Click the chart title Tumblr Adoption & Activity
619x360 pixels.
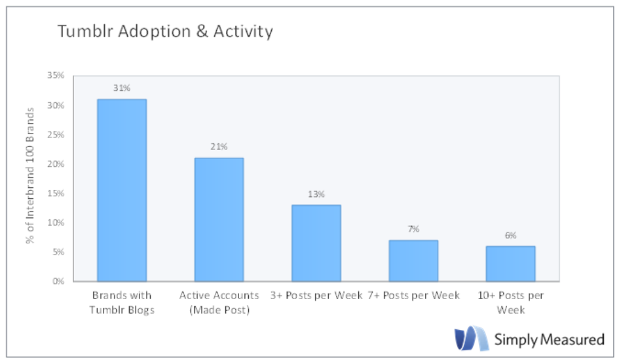164,31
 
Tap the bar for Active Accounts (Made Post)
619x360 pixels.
219,219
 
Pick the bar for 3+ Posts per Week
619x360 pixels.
316,243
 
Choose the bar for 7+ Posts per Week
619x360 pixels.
413,261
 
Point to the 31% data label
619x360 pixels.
122,88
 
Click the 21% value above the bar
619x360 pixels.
219,147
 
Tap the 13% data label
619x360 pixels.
316,194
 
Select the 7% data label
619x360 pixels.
413,229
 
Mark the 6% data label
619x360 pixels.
510,235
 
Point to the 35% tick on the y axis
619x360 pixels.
56,76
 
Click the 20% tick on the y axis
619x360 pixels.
56,164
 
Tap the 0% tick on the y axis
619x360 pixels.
58,281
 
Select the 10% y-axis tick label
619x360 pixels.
56,223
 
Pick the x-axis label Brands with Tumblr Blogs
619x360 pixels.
122,302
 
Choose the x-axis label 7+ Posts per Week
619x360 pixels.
413,296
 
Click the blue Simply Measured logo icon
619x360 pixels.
472,338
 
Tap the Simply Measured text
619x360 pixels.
549,339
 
